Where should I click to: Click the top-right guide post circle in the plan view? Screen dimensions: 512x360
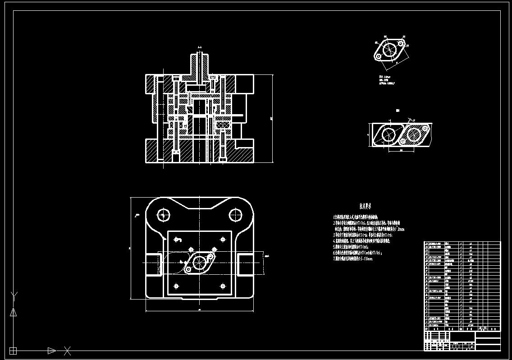click(x=235, y=215)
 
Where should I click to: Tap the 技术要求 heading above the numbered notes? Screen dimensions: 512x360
click(x=366, y=206)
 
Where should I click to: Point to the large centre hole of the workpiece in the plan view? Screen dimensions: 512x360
click(x=199, y=261)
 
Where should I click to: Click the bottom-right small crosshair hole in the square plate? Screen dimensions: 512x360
click(x=223, y=286)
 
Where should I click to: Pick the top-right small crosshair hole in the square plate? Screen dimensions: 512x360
click(x=223, y=239)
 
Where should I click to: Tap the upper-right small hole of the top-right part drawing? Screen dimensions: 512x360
click(x=398, y=44)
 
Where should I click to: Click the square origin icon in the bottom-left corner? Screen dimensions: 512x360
click(x=13, y=350)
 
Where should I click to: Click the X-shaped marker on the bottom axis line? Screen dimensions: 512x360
click(x=68, y=350)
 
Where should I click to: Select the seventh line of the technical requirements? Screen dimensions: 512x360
click(x=359, y=259)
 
